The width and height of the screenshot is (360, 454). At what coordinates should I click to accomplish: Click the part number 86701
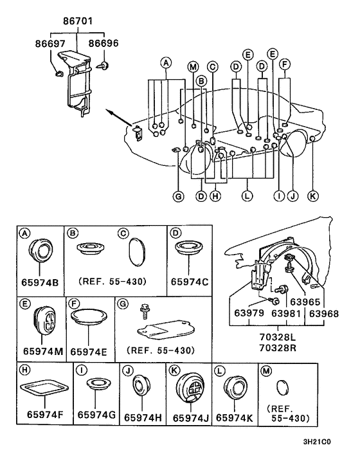point(78,21)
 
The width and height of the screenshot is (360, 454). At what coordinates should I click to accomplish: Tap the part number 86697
point(51,44)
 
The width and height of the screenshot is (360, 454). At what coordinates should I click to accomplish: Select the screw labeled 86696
point(104,66)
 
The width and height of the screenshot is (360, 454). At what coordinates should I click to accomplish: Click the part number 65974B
point(40,282)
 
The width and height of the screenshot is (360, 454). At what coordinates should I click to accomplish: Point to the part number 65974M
point(43,351)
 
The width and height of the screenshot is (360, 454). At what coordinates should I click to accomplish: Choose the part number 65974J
point(191,418)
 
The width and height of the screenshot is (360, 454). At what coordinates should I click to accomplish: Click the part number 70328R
point(278,347)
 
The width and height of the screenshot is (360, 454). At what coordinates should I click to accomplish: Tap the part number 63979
point(249,313)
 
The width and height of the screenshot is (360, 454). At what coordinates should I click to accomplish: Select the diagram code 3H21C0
point(317,442)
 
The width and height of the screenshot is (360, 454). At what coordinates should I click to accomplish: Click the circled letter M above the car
point(193,67)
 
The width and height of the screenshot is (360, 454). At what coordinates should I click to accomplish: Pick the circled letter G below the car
point(179,197)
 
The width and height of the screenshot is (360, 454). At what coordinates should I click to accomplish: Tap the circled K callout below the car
point(313,196)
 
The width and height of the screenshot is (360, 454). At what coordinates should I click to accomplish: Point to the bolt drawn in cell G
point(144,311)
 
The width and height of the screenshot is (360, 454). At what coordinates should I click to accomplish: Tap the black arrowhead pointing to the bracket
point(109,112)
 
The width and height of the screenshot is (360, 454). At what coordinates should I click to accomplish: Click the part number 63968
point(324,314)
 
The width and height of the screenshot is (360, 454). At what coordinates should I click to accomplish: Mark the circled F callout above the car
point(285,64)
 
